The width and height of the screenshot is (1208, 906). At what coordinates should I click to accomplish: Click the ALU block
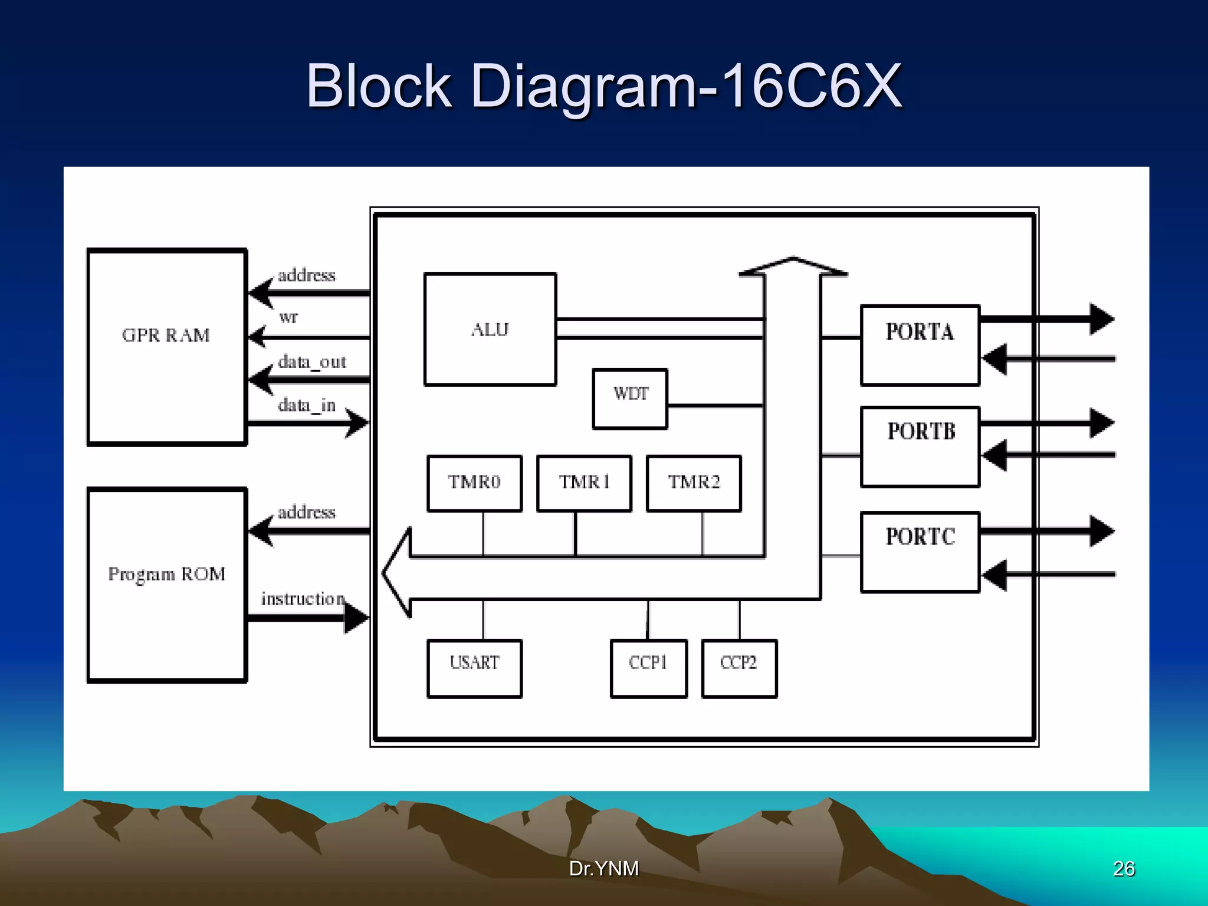[x=490, y=329]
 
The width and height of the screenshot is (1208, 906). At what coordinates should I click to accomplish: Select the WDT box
[x=630, y=398]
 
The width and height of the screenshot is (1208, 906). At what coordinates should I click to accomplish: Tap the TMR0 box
[x=474, y=482]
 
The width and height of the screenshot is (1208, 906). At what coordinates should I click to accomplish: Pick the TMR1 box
[x=584, y=482]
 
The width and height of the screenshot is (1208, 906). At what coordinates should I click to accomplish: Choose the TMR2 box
[x=694, y=482]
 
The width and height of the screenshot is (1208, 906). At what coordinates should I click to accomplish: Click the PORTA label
[x=920, y=332]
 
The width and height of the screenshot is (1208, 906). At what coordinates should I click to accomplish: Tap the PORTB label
[x=921, y=432]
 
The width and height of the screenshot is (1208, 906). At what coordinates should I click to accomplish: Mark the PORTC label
[x=920, y=537]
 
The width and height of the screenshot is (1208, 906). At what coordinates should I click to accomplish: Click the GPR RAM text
[x=166, y=336]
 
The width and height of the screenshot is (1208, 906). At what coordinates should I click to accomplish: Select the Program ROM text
[x=167, y=575]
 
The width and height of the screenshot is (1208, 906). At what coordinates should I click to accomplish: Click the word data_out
[x=311, y=362]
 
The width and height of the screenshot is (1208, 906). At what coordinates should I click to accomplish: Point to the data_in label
[x=306, y=405]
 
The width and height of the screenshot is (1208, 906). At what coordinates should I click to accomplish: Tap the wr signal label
[x=288, y=317]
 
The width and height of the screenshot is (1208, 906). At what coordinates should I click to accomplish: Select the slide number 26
[x=1123, y=868]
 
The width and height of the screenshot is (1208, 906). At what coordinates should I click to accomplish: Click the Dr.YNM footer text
[x=603, y=868]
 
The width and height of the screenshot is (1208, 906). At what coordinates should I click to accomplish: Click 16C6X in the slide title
[x=810, y=86]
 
